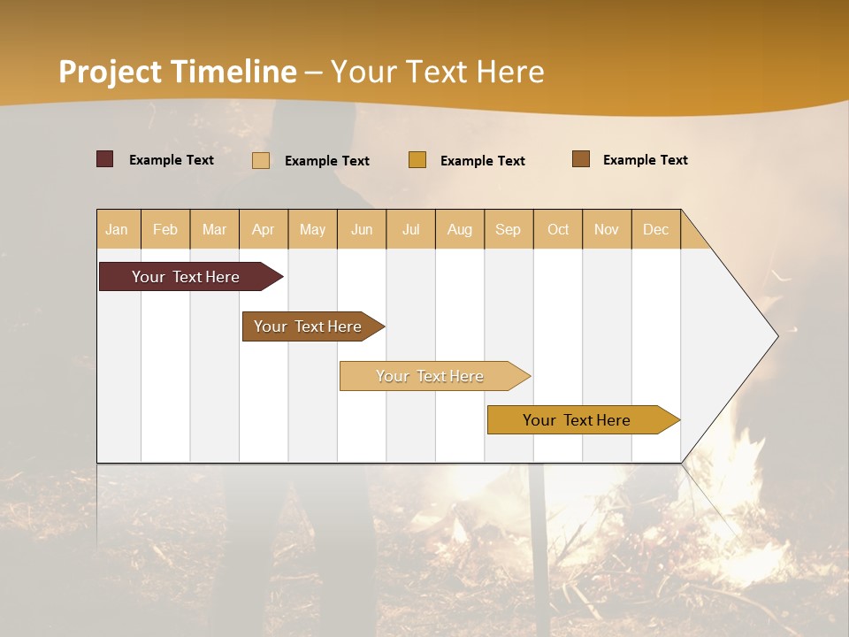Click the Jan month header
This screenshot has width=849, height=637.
pos(118,229)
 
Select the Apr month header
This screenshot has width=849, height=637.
pos(264,229)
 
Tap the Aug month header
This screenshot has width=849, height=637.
pos(460,229)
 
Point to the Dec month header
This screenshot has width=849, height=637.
pos(655,229)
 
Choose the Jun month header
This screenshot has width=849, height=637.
pos(362,229)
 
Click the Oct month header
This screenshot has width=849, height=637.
pos(558,229)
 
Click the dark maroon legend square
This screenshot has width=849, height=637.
pos(104,159)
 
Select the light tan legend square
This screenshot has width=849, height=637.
pos(261,160)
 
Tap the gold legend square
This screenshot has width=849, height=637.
pos(417,160)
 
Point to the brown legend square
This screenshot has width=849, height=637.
pos(581,159)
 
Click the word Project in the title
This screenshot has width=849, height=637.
pos(110,71)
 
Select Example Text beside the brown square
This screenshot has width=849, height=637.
pos(645,159)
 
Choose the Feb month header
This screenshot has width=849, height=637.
pos(165,229)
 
